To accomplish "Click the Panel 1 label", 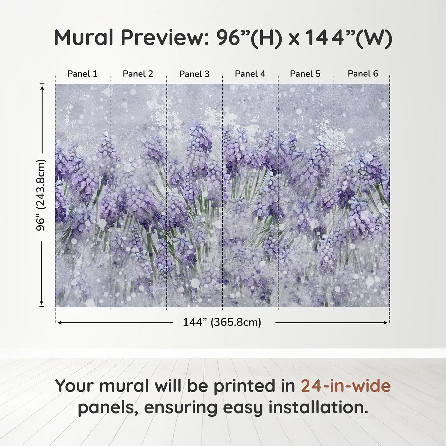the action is coord(82,74).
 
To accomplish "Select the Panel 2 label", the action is coord(138,74).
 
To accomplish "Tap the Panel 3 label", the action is coord(194,74).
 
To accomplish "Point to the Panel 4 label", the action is coord(250,74).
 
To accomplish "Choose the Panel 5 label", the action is coord(305,74).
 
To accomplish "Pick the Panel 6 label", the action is coord(363,74).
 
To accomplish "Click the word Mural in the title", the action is coord(83,38).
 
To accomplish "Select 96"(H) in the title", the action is coord(249,38).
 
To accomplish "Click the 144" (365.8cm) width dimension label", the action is coord(222,322).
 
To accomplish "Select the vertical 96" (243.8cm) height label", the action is coord(41,195).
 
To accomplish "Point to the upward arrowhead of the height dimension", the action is coord(42,88).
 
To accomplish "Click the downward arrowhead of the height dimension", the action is coord(42,302).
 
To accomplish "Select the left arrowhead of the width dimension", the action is coord(60,323).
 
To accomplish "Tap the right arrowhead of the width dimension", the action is coord(385,323).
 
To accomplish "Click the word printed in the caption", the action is coord(254,386).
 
